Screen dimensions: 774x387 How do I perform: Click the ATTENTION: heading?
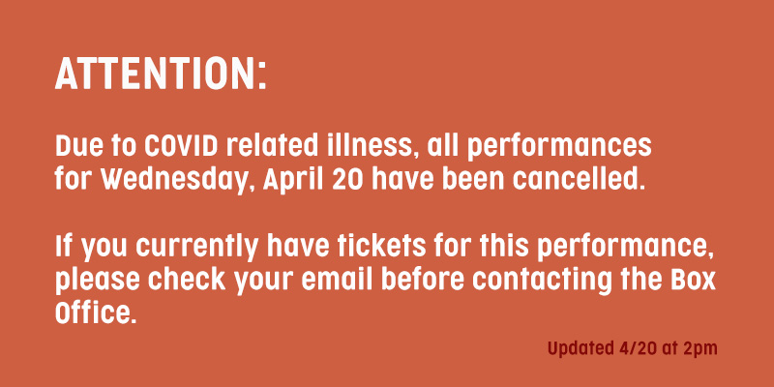pos(161,74)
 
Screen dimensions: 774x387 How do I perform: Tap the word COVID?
pos(182,146)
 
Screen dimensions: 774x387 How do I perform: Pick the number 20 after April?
pos(348,181)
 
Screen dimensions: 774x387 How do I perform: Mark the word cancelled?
pos(579,180)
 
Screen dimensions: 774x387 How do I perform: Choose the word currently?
pos(196,247)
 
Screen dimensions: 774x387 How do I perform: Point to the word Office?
pos(95,313)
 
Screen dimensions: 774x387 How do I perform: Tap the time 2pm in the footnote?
pos(700,349)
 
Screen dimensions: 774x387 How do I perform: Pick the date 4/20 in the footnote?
pos(638,348)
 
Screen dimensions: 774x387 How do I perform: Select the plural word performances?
pos(559,148)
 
